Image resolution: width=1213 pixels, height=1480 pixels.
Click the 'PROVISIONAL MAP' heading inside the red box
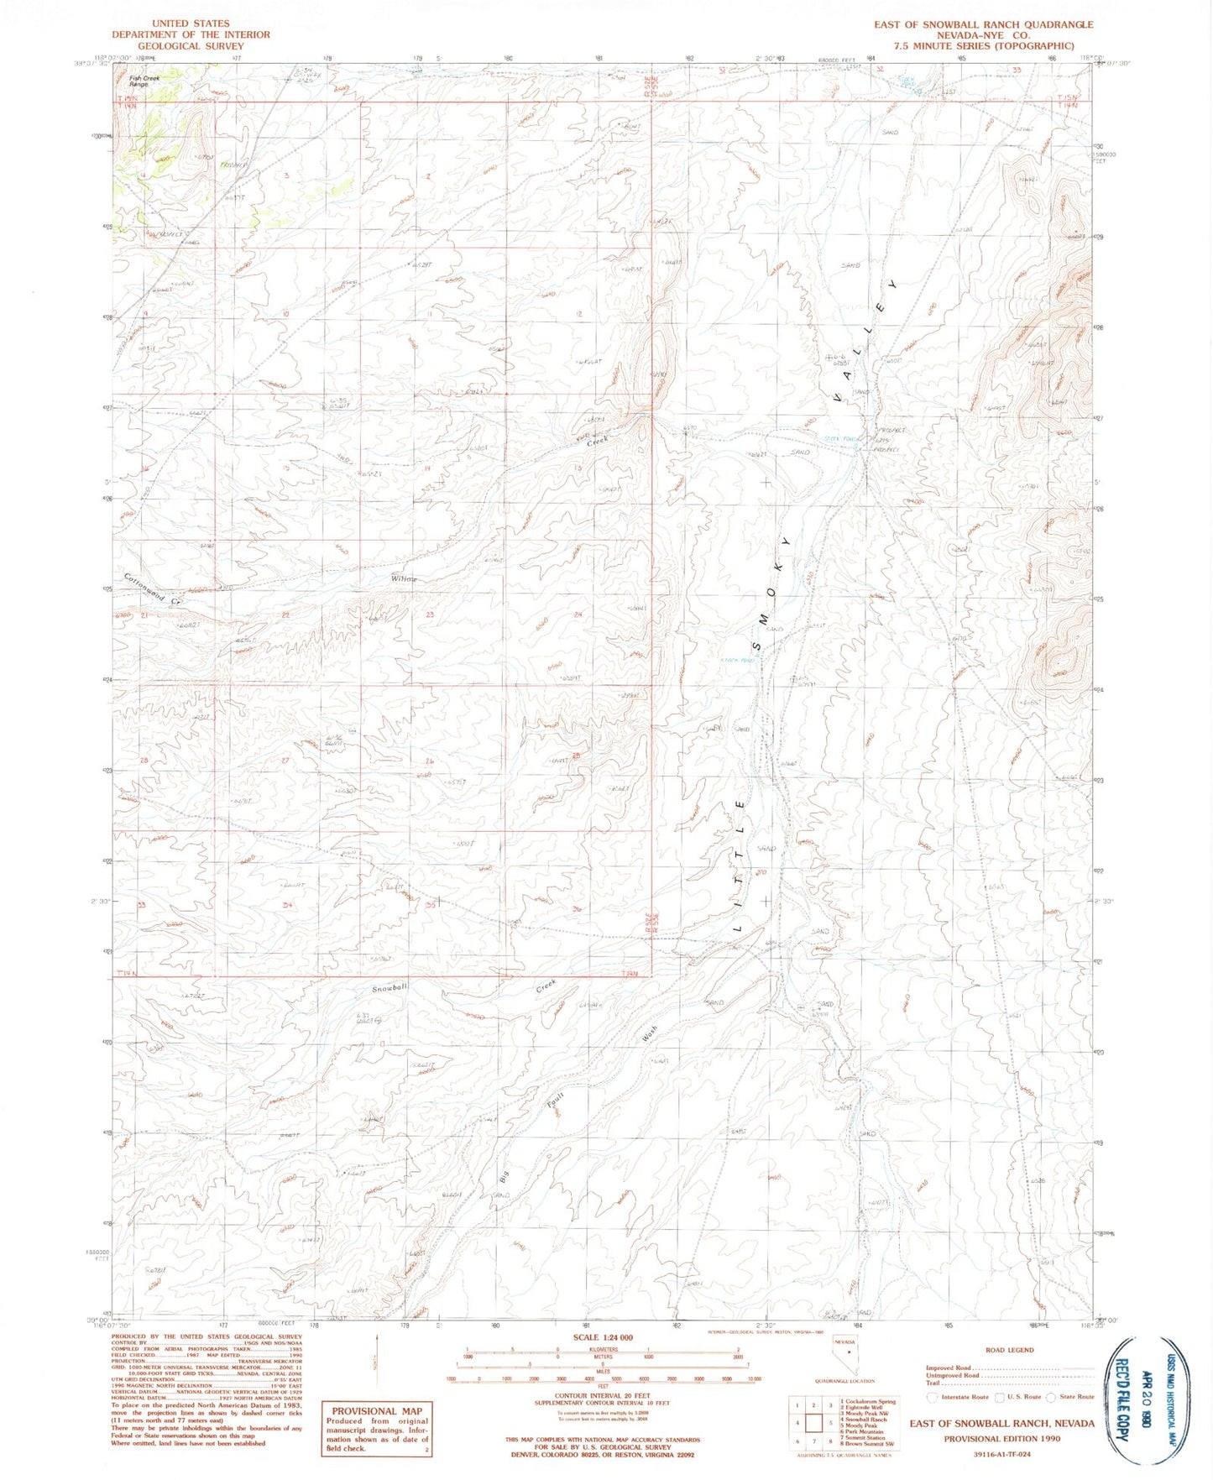(377, 1410)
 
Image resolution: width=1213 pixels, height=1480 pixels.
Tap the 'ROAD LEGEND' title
(1009, 1350)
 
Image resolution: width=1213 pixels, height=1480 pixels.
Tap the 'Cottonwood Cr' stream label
(152, 588)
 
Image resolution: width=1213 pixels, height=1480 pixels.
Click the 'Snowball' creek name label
(390, 989)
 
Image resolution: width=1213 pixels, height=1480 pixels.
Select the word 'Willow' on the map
(403, 579)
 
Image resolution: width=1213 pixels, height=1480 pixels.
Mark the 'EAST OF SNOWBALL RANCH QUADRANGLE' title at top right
(983, 24)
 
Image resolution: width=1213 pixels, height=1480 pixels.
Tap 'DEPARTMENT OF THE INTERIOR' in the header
(191, 35)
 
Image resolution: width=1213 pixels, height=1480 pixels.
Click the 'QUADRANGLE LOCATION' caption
(845, 1381)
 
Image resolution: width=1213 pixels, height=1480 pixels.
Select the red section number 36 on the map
(577, 909)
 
